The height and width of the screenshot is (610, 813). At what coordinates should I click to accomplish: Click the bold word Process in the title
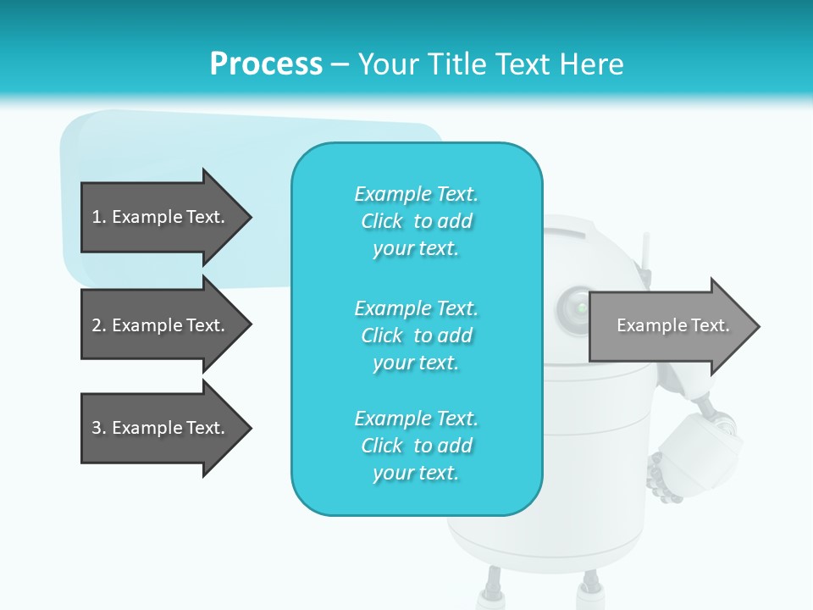coord(266,64)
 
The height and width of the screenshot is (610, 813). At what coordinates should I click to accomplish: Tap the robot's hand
coord(665,480)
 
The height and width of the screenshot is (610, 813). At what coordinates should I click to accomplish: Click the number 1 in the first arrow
coord(96,217)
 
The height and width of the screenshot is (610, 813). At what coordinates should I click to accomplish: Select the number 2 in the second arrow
coord(96,325)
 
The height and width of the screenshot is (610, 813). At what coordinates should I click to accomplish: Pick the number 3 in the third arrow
coord(96,428)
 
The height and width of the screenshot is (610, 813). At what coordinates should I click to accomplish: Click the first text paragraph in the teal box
coord(416,221)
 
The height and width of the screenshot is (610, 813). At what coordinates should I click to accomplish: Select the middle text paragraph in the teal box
coord(416,335)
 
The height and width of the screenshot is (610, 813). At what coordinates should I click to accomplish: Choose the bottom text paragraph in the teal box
coord(416,446)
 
